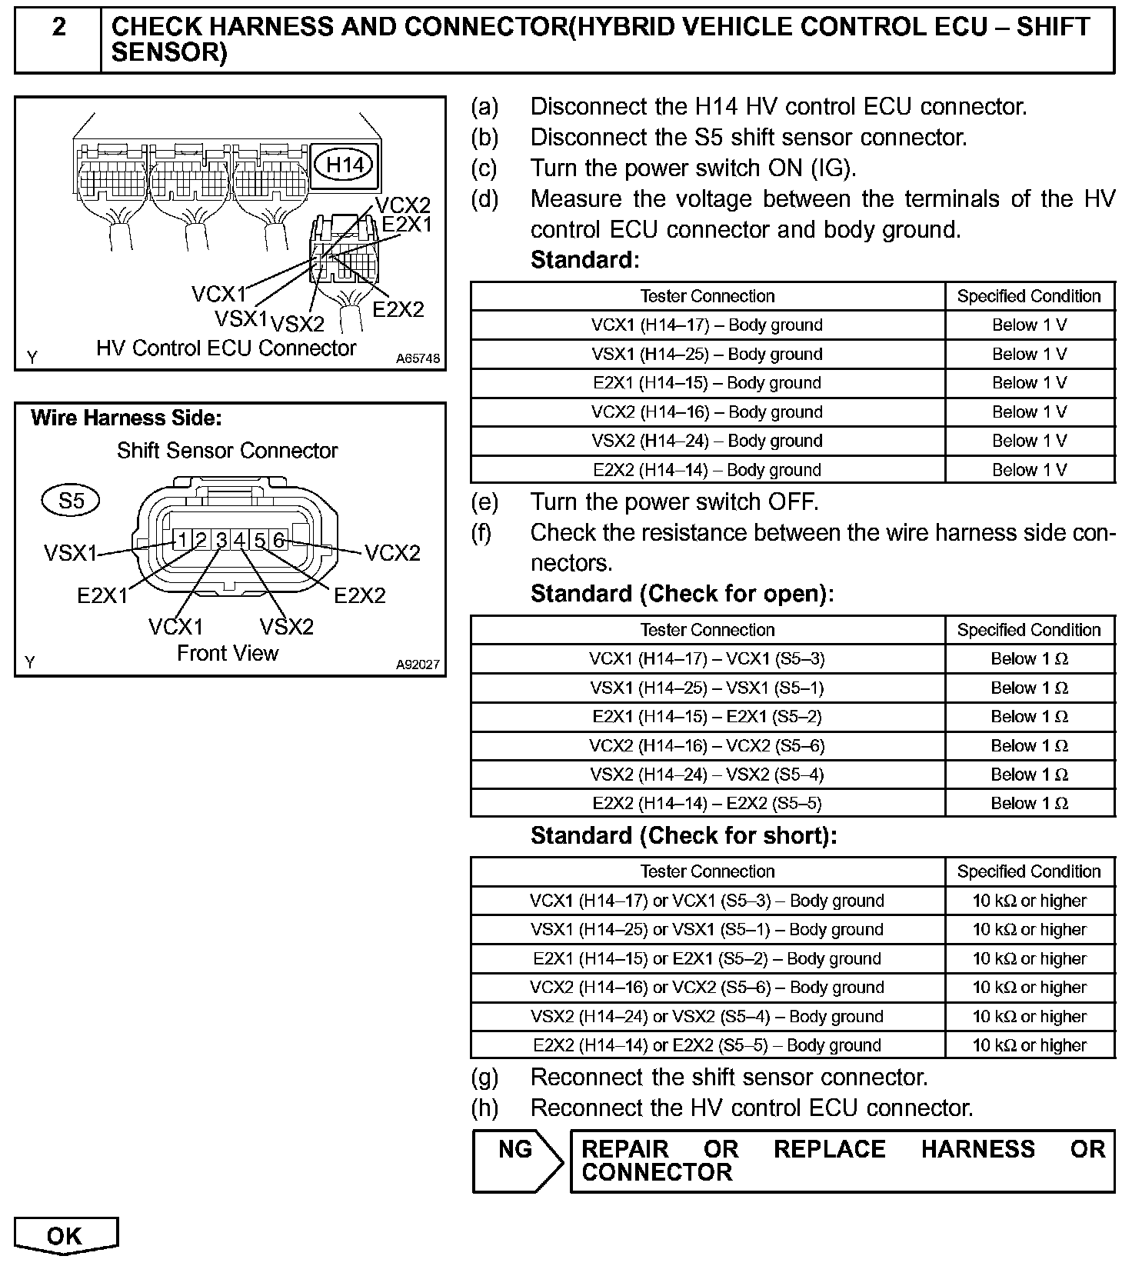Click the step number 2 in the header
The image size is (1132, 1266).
pyautogui.click(x=58, y=28)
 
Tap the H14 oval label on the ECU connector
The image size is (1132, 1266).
pyautogui.click(x=345, y=164)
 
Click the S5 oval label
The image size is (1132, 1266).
pyautogui.click(x=71, y=501)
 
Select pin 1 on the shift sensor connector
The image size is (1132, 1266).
pyautogui.click(x=181, y=540)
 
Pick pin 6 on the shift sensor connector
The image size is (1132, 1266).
pyautogui.click(x=279, y=541)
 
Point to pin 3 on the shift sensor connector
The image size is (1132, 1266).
pyautogui.click(x=221, y=541)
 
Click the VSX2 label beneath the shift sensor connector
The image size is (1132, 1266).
pyautogui.click(x=287, y=627)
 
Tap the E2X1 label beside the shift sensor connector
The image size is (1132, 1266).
pyautogui.click(x=102, y=595)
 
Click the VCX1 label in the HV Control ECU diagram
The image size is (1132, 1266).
pyautogui.click(x=218, y=294)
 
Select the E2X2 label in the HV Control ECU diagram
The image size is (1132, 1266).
pyautogui.click(x=398, y=309)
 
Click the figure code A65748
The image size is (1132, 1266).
pyautogui.click(x=418, y=358)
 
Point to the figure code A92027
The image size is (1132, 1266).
pyautogui.click(x=418, y=665)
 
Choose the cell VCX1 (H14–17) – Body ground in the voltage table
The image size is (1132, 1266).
pyautogui.click(x=707, y=325)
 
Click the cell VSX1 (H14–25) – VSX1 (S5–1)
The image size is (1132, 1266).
pyautogui.click(x=707, y=688)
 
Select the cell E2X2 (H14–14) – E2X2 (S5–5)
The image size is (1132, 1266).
pyautogui.click(x=707, y=804)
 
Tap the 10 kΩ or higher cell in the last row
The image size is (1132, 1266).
pyautogui.click(x=1029, y=1045)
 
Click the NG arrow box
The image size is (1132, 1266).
pyautogui.click(x=517, y=1161)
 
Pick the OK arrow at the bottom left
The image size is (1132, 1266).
pyautogui.click(x=65, y=1235)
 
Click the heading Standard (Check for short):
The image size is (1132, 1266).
pyautogui.click(x=684, y=836)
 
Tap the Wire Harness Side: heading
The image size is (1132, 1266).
pyautogui.click(x=126, y=418)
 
